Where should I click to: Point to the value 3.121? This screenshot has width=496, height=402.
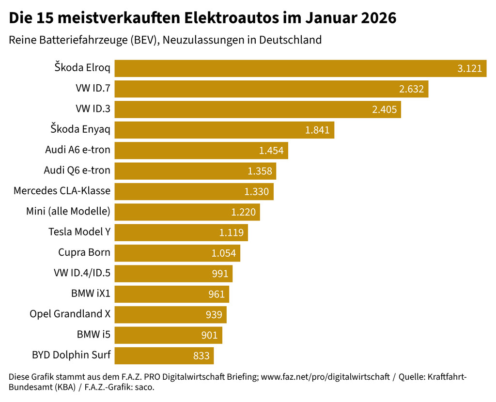click(x=469, y=69)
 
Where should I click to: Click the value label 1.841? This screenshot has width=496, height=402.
click(x=317, y=130)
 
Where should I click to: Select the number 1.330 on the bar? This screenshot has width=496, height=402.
click(x=256, y=192)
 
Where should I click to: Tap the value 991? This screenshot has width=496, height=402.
click(x=220, y=274)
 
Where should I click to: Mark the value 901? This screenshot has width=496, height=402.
click(x=210, y=335)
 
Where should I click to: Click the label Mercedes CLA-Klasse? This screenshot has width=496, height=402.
click(x=62, y=191)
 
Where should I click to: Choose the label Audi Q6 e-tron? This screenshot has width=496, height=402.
click(x=77, y=170)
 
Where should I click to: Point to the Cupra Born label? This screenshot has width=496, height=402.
click(x=84, y=252)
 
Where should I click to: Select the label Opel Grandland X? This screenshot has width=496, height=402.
click(x=70, y=314)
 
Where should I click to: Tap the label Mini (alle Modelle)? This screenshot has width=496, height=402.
click(x=68, y=211)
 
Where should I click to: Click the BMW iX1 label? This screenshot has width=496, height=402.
click(x=91, y=293)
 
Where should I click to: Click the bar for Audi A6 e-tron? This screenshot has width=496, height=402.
click(x=201, y=150)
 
